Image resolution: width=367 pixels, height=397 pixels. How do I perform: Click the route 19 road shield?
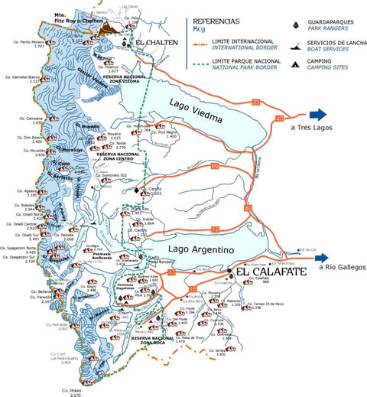pos(215,229)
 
